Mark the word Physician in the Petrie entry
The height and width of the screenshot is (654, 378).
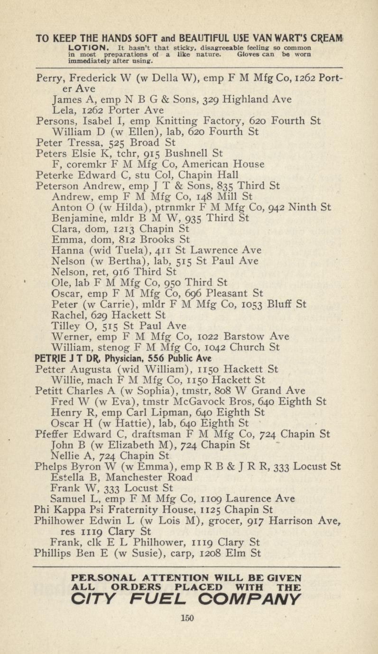tap(119, 358)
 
